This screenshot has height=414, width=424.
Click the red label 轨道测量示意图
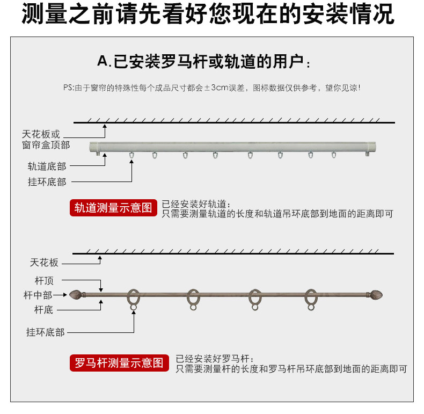(x=113, y=208)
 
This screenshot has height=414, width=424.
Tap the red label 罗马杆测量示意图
(x=119, y=363)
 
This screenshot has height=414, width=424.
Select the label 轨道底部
(x=47, y=166)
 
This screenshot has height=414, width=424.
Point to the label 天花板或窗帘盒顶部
(x=46, y=140)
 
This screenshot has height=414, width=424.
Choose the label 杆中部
(x=38, y=295)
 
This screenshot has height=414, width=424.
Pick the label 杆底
(x=43, y=309)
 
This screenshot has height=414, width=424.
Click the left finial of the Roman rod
(x=76, y=294)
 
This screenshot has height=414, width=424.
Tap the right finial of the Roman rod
(x=375, y=294)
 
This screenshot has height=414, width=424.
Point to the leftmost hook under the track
(x=131, y=156)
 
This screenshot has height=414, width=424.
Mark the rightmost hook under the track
(x=333, y=156)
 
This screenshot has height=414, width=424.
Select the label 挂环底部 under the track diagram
(x=47, y=182)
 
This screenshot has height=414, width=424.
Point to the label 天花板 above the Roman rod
(x=44, y=263)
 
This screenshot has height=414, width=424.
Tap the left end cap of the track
(x=96, y=148)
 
